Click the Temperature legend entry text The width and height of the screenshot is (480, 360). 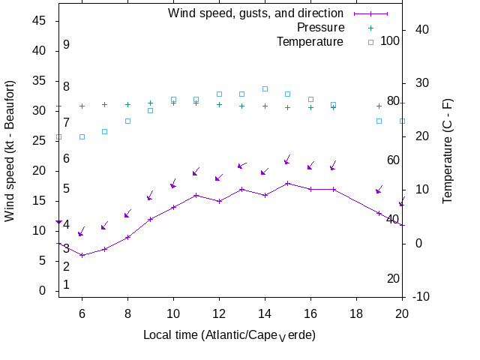pos(310,42)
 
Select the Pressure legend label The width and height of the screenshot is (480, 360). pos(321,28)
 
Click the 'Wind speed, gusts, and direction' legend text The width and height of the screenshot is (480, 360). pos(256,13)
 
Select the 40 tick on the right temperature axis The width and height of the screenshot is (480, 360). pos(421,29)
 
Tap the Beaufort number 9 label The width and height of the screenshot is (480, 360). pos(66,45)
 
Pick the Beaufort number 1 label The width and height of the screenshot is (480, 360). pos(66,285)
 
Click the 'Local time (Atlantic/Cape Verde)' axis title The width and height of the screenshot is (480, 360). pos(229,334)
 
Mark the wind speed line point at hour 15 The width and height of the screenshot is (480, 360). pos(287,183)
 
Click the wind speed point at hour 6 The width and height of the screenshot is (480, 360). pos(82,255)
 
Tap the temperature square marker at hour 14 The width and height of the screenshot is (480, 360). pos(265,88)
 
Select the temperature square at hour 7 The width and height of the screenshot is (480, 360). pos(104,131)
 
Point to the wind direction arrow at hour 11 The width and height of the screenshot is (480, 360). pos(195,172)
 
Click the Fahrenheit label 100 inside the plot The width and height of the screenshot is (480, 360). pos(390,40)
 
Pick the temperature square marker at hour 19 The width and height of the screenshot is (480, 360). pos(379,121)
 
